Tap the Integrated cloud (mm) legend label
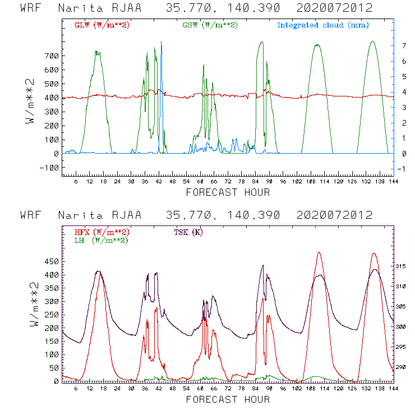(x=323, y=25)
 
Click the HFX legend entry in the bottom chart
(x=102, y=232)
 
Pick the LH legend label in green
(x=100, y=240)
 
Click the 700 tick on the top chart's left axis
(x=52, y=56)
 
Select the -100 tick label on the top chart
(x=49, y=168)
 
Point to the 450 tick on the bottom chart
(x=52, y=262)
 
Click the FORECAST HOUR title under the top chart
(x=228, y=193)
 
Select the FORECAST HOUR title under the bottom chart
(x=228, y=400)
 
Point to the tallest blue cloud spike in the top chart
(x=162, y=43)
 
